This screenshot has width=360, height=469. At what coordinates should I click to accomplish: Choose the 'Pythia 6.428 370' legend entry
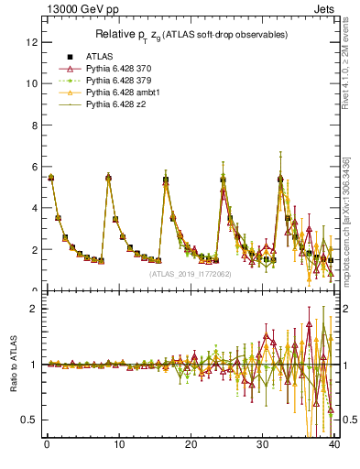(x=116, y=68)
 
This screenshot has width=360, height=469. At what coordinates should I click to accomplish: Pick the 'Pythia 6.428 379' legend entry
(x=116, y=81)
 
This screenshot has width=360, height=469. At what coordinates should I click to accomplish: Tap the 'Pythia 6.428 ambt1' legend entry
(x=120, y=93)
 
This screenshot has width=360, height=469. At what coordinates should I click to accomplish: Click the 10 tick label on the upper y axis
(x=32, y=83)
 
